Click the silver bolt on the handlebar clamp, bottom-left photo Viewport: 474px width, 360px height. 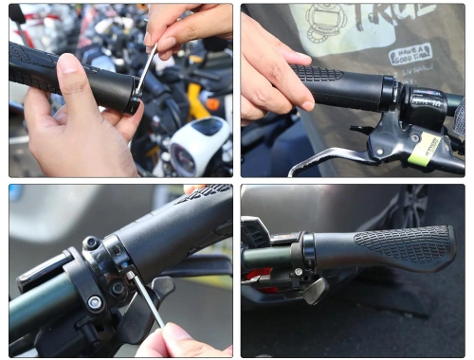94,303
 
